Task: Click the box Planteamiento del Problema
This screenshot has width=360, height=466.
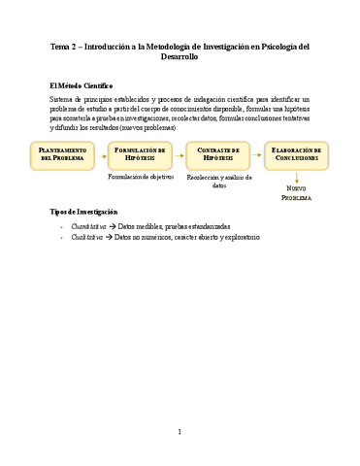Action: tap(64, 155)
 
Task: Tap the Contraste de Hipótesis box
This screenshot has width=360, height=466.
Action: tap(218, 155)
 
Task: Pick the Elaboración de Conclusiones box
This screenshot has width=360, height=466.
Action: tap(296, 155)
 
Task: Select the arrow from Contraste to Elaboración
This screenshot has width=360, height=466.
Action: tap(257, 155)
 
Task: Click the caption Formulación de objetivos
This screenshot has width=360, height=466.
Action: tap(141, 178)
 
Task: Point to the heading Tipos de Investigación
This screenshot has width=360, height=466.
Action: tap(82, 212)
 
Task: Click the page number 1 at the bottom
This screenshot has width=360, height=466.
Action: tap(180, 431)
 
